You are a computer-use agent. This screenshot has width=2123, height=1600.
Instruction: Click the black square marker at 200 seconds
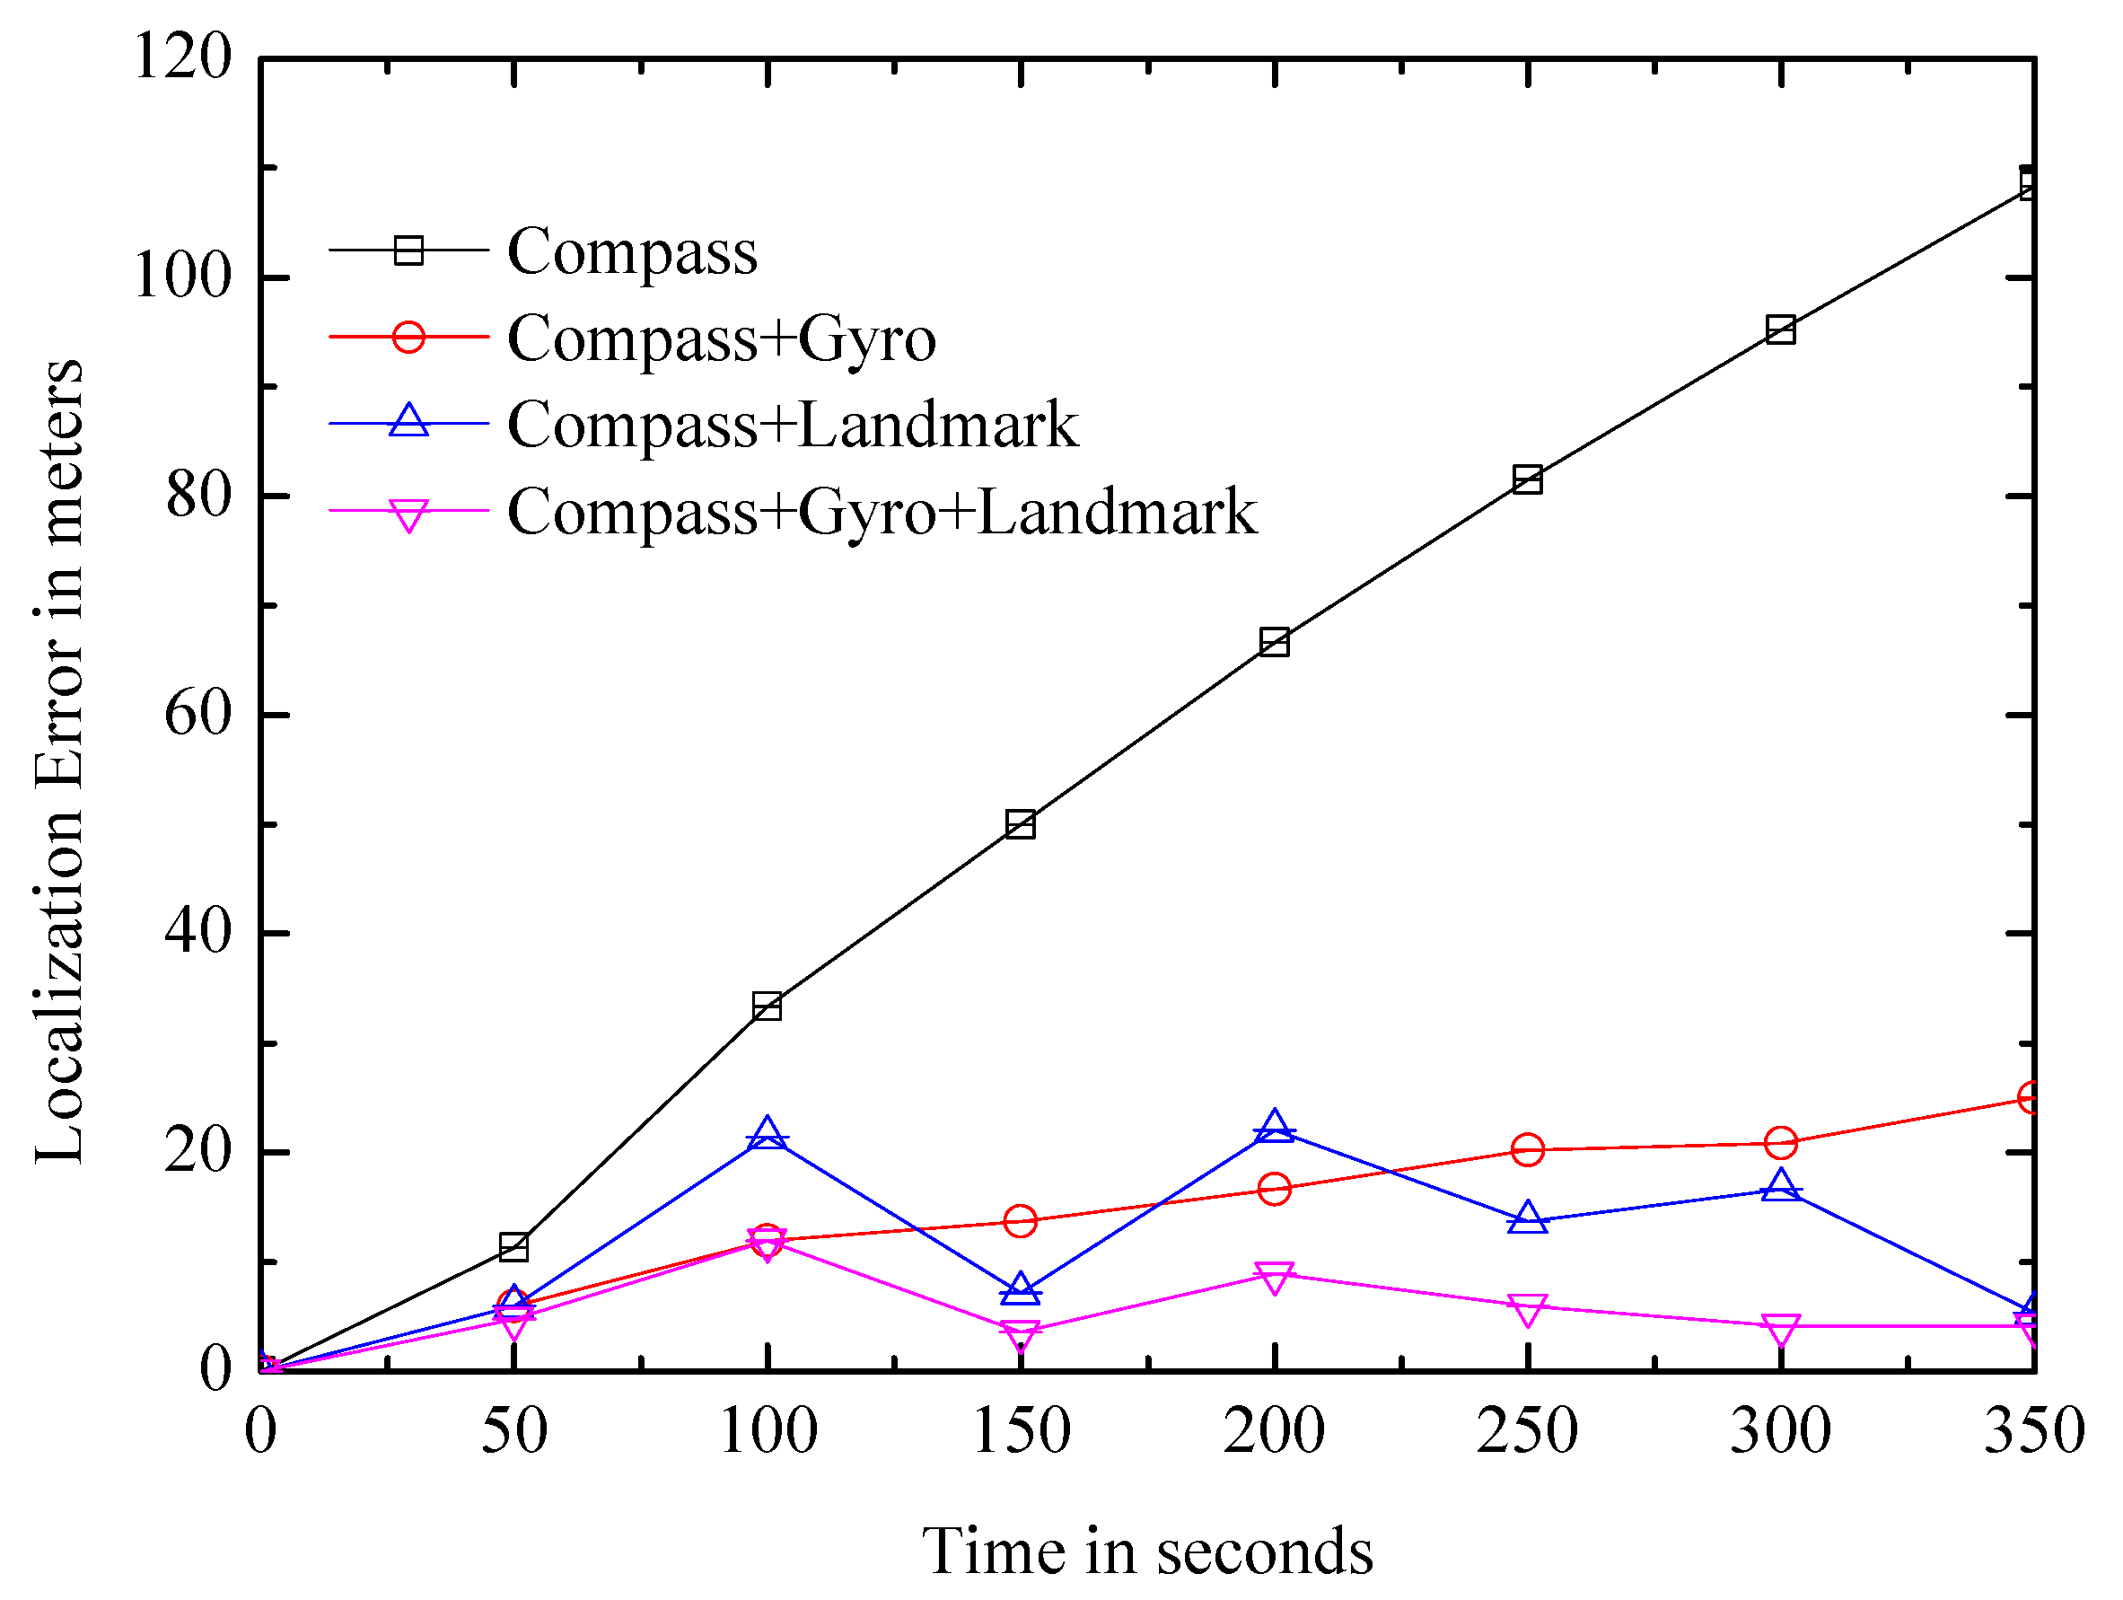(x=1274, y=642)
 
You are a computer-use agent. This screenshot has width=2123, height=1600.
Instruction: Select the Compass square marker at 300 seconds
(x=1780, y=330)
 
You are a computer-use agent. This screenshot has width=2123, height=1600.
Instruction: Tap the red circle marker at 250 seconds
(x=1527, y=1149)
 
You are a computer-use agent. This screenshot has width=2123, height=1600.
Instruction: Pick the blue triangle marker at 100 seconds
(x=767, y=1136)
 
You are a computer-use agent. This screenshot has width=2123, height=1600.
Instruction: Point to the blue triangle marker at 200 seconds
(x=1274, y=1127)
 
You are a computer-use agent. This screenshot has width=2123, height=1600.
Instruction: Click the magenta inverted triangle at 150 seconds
(x=1021, y=1333)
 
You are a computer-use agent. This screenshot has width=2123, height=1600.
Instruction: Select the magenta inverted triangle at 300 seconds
(x=1780, y=1330)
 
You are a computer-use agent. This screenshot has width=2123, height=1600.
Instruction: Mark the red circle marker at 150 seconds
(x=1021, y=1220)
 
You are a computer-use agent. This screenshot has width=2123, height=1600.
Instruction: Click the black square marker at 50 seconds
(x=513, y=1247)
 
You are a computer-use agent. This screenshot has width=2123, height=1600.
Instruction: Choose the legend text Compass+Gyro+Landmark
(x=881, y=512)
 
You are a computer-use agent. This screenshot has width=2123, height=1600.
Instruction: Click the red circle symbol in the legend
(x=408, y=337)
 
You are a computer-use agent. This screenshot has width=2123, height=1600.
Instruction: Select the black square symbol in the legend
(x=408, y=251)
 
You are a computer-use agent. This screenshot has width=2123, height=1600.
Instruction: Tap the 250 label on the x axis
(x=1527, y=1431)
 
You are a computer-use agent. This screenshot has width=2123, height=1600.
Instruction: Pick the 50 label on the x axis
(x=513, y=1431)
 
